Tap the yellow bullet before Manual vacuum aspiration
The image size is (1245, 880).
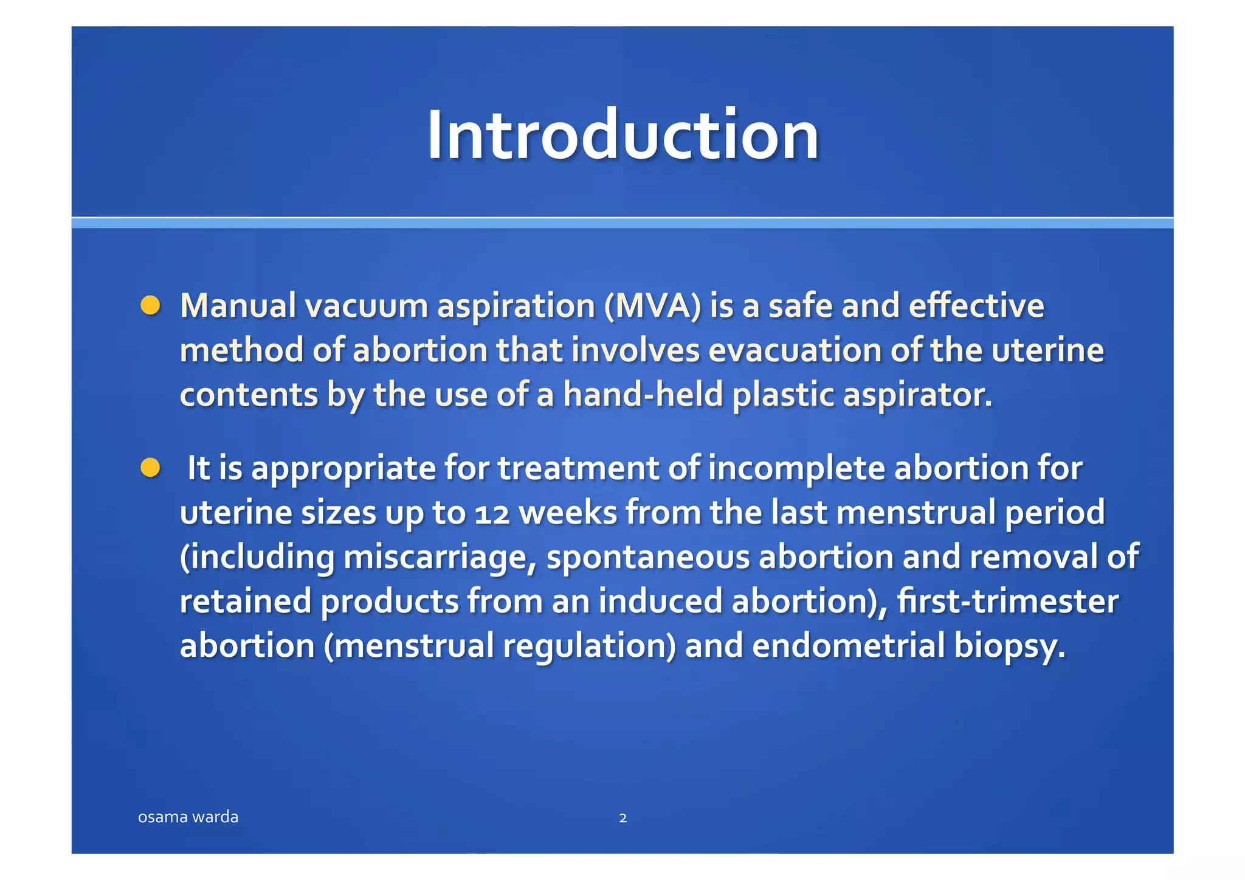[150, 305]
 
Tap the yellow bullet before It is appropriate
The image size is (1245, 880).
[150, 468]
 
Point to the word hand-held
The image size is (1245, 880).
[643, 395]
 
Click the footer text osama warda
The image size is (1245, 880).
[188, 817]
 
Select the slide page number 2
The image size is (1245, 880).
[622, 818]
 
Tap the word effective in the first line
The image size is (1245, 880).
[976, 306]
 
